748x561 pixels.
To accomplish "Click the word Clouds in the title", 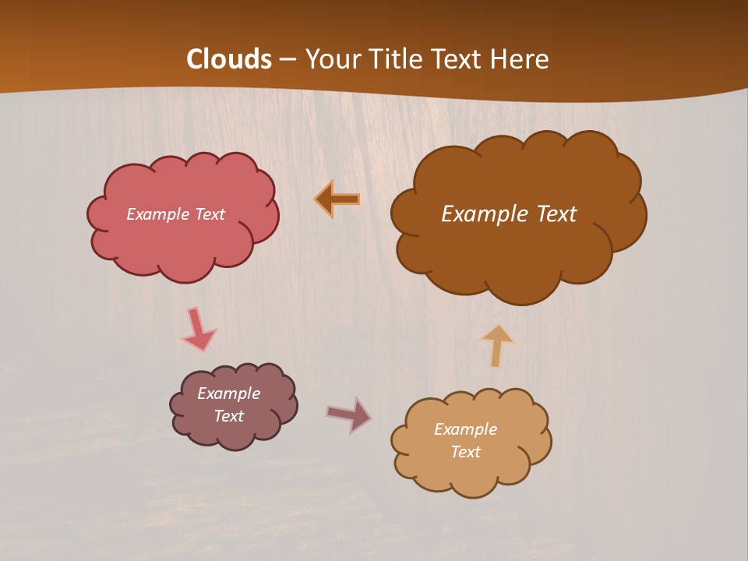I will point(229,59).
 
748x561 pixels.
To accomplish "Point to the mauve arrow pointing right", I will point(350,415).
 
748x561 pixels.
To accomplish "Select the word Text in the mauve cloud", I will point(229,416).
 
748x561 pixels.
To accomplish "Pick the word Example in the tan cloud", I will point(465,429).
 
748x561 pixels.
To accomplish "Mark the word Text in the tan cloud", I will point(465,452).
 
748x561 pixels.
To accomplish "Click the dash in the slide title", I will point(288,59).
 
